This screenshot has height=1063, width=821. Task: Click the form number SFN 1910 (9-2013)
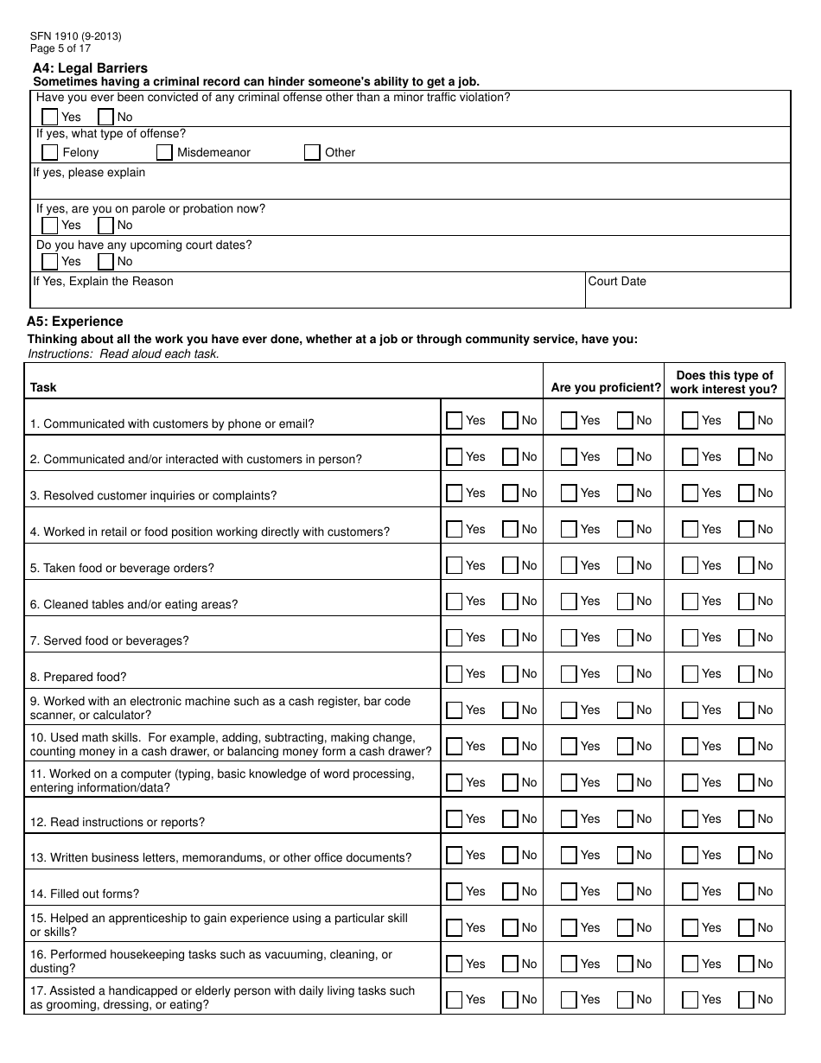pos(75,36)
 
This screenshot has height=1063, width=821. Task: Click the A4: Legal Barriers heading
pos(90,68)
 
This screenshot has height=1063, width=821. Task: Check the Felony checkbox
pos(50,153)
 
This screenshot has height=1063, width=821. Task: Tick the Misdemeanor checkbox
pos(164,153)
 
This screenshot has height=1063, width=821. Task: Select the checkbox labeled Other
pos(312,153)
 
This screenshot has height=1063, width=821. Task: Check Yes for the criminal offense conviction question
pos(50,117)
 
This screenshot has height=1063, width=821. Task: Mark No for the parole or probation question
pos(106,226)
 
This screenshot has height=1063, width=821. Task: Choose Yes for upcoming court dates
pos(50,262)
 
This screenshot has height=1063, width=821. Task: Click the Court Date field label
pos(617,282)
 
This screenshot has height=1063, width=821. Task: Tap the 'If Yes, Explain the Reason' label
pos(104,282)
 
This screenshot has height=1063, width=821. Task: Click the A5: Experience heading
pos(75,321)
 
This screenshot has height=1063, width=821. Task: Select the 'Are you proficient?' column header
pos(606,388)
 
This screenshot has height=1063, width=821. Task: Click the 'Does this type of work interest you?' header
pos(724,382)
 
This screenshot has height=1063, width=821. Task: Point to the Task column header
pos(43,388)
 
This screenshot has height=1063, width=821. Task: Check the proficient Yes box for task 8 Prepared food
pos(569,674)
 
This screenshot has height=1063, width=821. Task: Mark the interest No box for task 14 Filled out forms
pos(746,892)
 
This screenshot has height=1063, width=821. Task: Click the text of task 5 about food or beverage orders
pos(123,569)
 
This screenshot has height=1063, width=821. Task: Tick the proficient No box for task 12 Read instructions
pos(625,819)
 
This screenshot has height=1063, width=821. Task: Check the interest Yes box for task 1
pos(690,421)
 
